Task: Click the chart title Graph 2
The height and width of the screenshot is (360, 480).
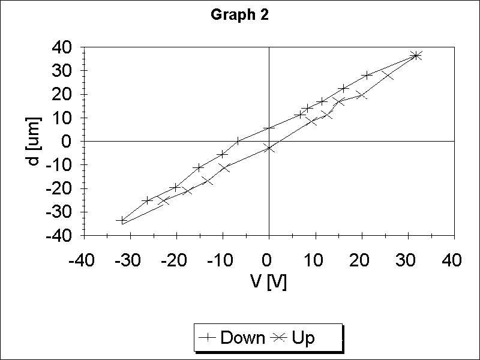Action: coord(239,16)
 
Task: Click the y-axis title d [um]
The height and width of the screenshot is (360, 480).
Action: coord(34,141)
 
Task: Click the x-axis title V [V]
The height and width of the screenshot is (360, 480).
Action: coord(268,282)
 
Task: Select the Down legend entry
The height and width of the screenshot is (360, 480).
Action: coord(235,338)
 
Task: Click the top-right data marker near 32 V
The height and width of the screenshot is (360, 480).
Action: coord(416,55)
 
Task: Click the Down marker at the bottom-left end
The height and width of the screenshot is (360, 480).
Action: coord(122,221)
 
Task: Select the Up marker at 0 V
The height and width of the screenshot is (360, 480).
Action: coord(269,148)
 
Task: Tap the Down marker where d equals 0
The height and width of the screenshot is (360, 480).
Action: coord(238,141)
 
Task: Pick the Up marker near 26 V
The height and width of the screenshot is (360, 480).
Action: coord(388,75)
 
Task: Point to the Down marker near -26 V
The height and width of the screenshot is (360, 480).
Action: coord(148,200)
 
